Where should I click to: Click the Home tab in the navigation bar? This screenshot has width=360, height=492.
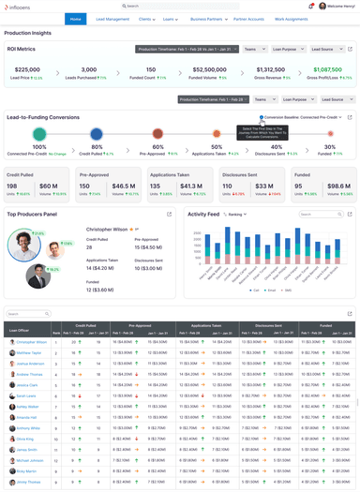(76, 19)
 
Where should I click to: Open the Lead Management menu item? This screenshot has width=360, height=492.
(112, 19)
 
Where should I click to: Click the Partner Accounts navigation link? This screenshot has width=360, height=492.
(248, 19)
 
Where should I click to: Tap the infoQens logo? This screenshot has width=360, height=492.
(22, 7)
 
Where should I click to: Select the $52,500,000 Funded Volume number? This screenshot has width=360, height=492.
(208, 68)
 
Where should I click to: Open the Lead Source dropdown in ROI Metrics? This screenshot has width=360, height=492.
(322, 49)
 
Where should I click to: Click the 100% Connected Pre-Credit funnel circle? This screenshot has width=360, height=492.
(39, 135)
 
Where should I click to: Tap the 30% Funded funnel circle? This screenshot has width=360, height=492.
(329, 135)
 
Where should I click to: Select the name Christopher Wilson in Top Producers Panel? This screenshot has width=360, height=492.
(108, 229)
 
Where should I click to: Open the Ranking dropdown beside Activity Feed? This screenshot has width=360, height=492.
(235, 215)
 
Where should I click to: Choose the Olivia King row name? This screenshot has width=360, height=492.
(26, 438)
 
